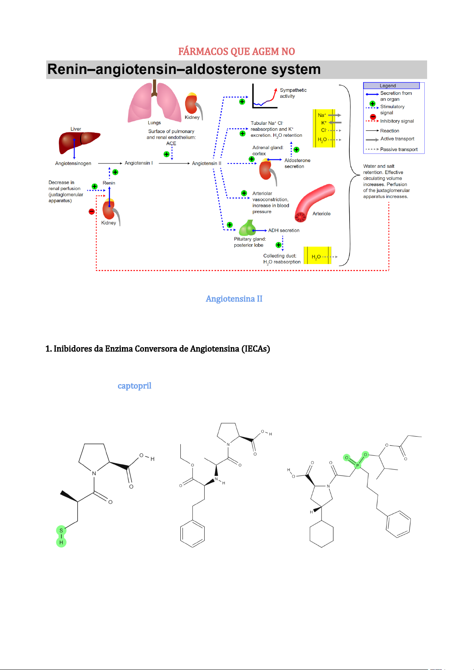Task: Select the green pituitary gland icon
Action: pos(248,228)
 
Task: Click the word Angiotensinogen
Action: pos(73,163)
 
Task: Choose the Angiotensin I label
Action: pos(139,163)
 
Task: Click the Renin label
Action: pos(109,183)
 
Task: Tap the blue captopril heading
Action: pos(134,386)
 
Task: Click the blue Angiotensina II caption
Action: pos(234,299)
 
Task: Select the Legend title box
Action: pos(391,85)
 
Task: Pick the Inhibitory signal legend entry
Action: pos(390,120)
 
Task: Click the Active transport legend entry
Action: pos(390,139)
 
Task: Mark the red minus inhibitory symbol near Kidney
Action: pos(92,212)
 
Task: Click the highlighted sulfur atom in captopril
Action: pos(61,530)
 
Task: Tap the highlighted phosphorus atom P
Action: pos(357,465)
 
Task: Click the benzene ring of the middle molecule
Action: pos(192,534)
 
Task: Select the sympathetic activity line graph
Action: pos(265,96)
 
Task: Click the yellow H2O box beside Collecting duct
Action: pos(317,255)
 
